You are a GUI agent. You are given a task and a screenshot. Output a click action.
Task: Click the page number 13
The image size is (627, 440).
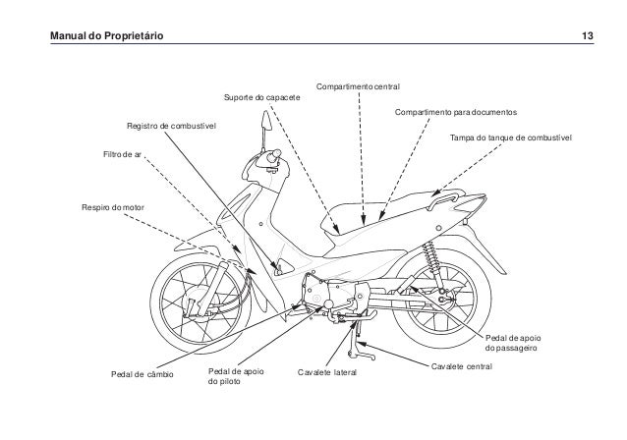tap(586, 37)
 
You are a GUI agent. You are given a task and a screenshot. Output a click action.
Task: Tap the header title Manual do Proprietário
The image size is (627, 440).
tap(96, 37)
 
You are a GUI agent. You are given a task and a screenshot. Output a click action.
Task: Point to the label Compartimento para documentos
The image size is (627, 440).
tap(456, 114)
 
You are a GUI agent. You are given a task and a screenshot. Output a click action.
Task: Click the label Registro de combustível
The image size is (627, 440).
tap(171, 128)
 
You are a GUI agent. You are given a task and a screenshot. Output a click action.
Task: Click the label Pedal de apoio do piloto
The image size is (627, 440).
tap(237, 377)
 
